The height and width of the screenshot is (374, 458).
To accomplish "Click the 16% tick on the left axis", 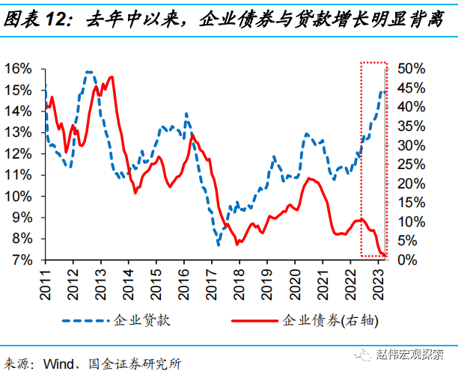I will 17,68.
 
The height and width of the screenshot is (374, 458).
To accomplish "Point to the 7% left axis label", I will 20,260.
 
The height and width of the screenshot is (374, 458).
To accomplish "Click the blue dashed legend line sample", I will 87,321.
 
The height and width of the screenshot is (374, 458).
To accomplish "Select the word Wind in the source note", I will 61,363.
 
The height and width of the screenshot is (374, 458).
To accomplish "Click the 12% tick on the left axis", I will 17,153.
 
